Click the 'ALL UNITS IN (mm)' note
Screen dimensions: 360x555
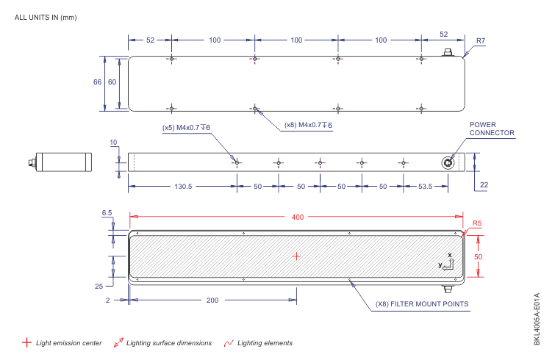(x=46, y=17)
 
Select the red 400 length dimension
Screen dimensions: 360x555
(x=297, y=217)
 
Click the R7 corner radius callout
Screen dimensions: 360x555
(x=480, y=42)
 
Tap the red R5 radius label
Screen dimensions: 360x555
(x=476, y=223)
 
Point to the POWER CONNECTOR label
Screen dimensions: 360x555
(x=492, y=129)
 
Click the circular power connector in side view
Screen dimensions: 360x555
(x=447, y=162)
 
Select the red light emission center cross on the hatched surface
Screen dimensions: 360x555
(x=296, y=256)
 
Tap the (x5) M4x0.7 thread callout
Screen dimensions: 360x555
(x=186, y=127)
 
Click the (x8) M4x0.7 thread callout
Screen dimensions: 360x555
(x=308, y=126)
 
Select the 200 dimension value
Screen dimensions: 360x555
(x=213, y=300)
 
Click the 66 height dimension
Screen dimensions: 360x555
(x=97, y=82)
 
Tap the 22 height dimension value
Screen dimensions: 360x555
(x=484, y=185)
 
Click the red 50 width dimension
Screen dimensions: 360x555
(x=479, y=256)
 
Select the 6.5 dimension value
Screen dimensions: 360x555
(x=107, y=213)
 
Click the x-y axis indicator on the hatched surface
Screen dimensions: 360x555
(x=447, y=261)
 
